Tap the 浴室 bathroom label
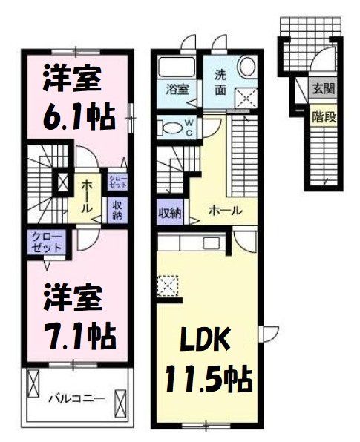(176, 89)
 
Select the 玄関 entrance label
(322, 90)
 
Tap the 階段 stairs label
(322, 116)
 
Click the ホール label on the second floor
(87, 194)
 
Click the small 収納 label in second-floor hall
(117, 210)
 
